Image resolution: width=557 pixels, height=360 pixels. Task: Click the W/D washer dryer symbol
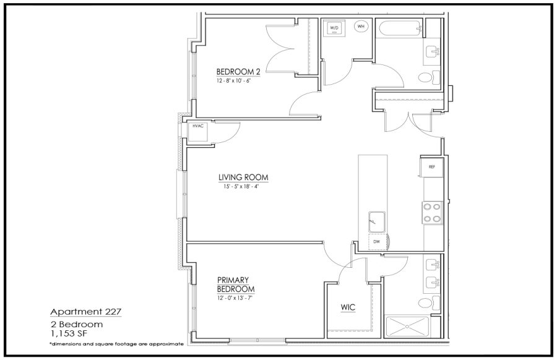pos(334,28)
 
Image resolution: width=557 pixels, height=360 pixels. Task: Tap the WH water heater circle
pos(361,26)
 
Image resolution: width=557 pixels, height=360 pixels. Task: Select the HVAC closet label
pos(198,126)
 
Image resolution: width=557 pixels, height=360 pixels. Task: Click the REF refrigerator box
pos(431,166)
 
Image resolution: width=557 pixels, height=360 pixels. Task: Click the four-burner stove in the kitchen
pos(433,212)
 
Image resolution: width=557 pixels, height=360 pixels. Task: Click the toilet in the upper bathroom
pos(429,77)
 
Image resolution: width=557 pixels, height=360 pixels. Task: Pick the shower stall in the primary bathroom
pos(407,327)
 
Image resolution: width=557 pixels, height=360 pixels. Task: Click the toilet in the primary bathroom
pos(429,303)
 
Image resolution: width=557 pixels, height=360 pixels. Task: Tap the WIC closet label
pos(348,307)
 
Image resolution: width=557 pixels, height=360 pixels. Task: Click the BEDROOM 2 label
pos(238,72)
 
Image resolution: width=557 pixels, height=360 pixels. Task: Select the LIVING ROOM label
pos(243,177)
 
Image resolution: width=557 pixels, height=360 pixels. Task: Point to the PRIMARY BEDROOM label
pos(236,285)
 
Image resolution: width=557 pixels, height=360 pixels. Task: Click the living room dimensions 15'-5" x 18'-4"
pos(241,186)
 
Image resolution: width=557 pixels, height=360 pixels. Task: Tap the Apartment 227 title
pos(86,312)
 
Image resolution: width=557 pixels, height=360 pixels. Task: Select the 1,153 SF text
pos(69,334)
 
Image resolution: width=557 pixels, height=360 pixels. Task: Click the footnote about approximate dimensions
pos(116,344)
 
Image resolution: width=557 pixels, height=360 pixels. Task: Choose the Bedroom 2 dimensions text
pos(234,80)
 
